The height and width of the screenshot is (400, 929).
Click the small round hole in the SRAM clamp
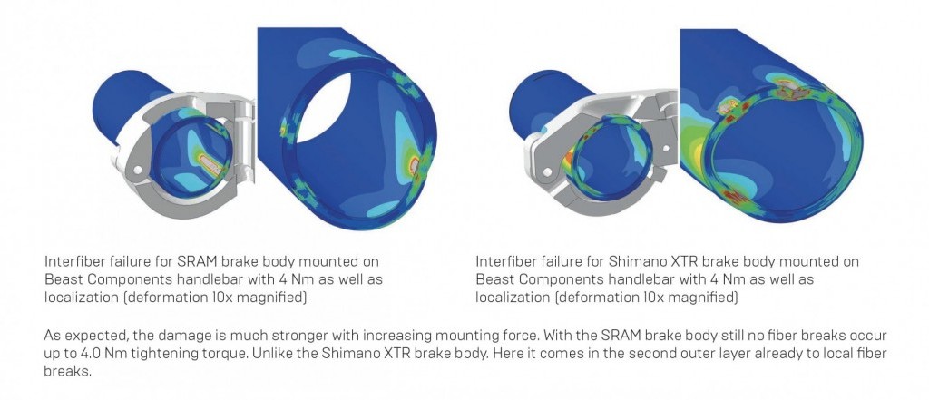(138, 171)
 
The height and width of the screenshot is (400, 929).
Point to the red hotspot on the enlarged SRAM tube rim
(414, 165)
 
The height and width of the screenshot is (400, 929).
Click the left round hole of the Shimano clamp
(547, 172)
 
